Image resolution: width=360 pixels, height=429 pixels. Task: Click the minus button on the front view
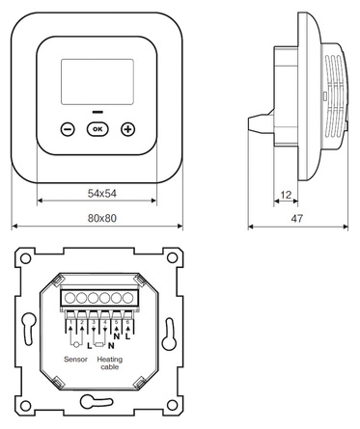click(x=68, y=129)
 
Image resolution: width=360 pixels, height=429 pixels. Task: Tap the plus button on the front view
click(x=127, y=129)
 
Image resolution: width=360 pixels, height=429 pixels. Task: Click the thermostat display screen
click(x=97, y=82)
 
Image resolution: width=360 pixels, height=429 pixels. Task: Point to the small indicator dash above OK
click(x=97, y=112)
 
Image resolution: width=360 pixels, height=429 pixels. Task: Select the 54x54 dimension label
click(x=102, y=194)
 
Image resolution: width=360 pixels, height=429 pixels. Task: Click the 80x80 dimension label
click(x=102, y=218)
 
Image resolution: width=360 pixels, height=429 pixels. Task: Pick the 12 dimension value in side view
click(x=286, y=195)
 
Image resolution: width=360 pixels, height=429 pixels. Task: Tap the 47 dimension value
click(x=296, y=219)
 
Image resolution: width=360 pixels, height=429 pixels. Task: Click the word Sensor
click(x=75, y=360)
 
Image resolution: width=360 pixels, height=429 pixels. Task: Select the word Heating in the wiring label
click(x=110, y=360)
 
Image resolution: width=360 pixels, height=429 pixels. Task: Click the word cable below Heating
click(x=110, y=367)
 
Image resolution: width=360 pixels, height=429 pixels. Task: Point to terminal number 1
click(x=70, y=322)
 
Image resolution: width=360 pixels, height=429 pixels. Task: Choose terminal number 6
click(x=127, y=322)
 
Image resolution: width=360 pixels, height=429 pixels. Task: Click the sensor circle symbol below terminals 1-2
click(x=76, y=345)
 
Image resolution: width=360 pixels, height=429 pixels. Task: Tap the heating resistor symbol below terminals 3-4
click(x=99, y=345)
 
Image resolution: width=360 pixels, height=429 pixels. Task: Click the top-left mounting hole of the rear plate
click(x=25, y=257)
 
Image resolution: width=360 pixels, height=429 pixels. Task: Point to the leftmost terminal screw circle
click(x=69, y=298)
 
